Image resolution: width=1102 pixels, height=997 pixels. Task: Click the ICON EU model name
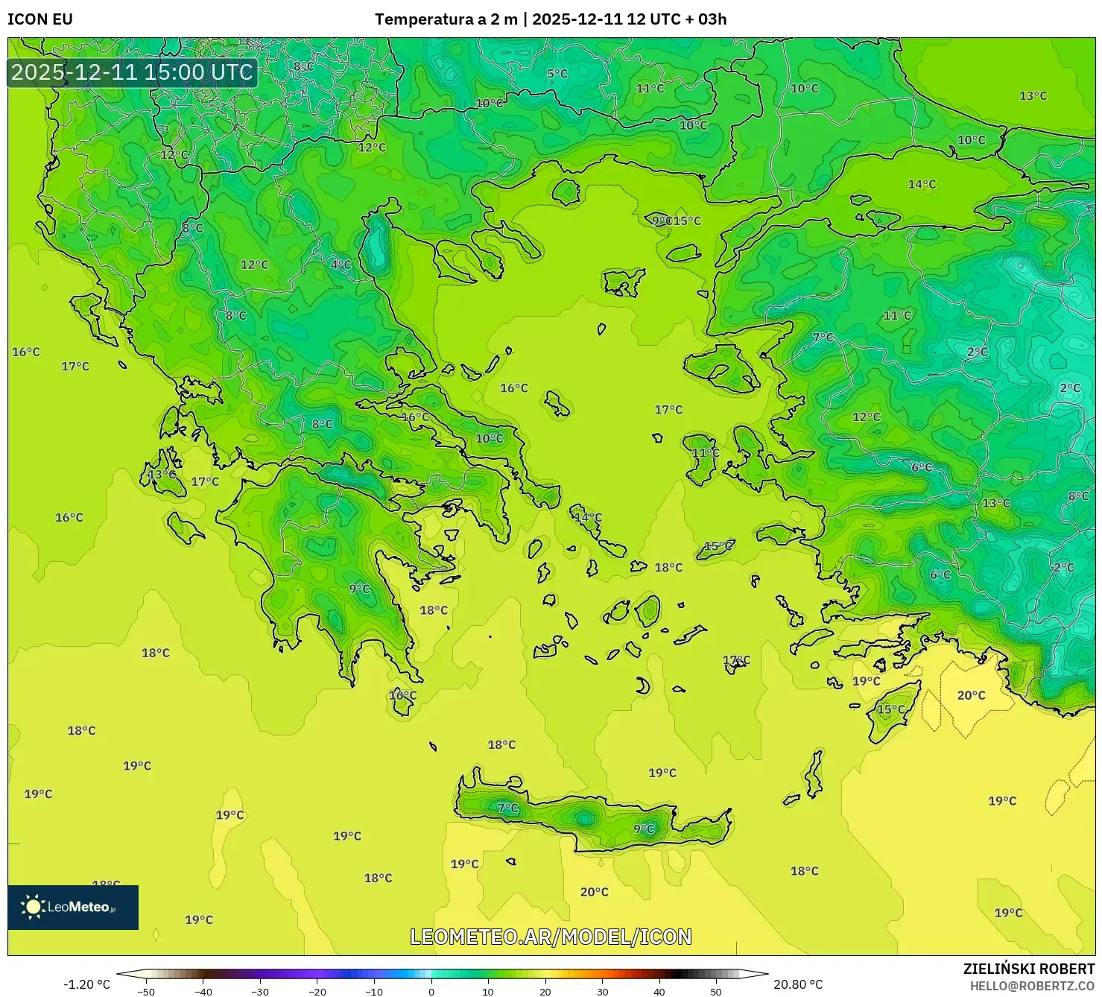coord(40,19)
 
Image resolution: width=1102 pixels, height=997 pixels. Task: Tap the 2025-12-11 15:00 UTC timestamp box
coord(133,72)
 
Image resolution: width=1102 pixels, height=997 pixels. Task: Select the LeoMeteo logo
coord(73,907)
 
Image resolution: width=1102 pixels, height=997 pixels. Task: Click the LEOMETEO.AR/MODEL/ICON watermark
coord(551,937)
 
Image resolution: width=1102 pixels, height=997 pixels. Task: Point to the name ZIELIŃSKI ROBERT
coord(1028,969)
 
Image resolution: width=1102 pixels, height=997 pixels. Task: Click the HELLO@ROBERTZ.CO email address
coord(1032,986)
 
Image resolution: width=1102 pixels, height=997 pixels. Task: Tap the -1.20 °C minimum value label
coord(86,984)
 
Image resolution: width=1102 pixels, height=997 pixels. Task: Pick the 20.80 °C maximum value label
coord(798,984)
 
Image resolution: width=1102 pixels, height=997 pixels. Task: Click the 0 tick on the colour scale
coord(431,992)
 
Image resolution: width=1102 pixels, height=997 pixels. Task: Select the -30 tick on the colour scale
coord(259,992)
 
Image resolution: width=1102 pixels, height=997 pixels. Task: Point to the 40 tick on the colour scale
coord(659,992)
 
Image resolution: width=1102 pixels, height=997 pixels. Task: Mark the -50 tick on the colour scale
coord(146,992)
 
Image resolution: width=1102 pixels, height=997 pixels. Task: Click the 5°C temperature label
coord(557,74)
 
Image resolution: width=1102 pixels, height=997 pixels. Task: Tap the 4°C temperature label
coord(341,265)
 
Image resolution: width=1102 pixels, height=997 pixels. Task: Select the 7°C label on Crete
coord(507,808)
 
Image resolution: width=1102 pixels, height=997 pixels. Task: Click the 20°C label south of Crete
coord(594,892)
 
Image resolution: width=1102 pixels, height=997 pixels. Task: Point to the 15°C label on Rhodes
coord(890,709)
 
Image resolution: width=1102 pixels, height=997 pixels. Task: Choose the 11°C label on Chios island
coord(706,453)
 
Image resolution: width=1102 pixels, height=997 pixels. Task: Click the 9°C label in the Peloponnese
coord(359,589)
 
